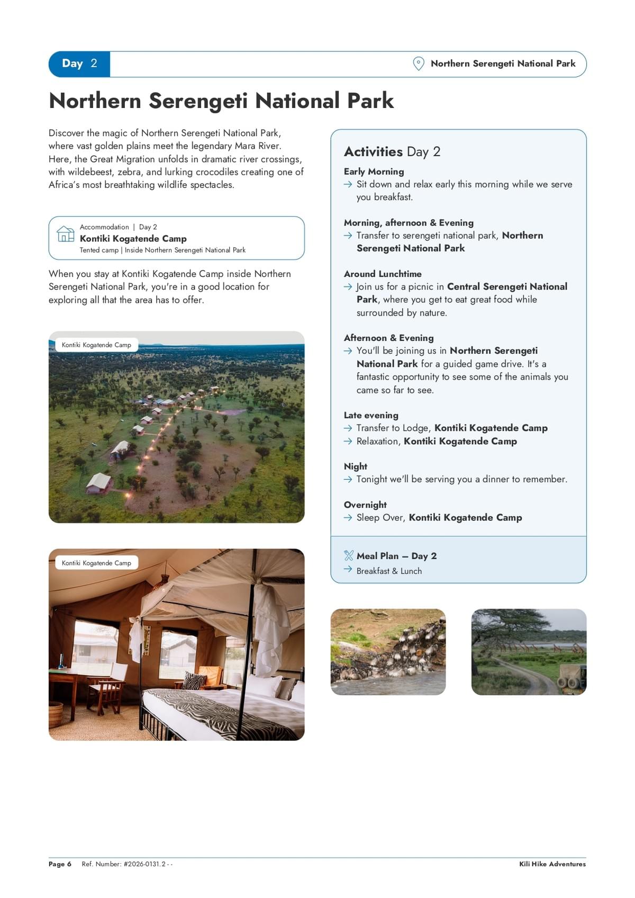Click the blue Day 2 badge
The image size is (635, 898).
(79, 64)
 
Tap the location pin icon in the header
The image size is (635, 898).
(419, 64)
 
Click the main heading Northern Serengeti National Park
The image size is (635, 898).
(221, 101)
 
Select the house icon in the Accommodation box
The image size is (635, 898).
(66, 234)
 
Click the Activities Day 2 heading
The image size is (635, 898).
(392, 152)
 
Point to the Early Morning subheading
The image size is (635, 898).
(374, 172)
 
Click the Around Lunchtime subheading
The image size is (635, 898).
(383, 274)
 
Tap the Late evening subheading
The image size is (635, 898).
(371, 415)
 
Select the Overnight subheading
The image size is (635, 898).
(365, 505)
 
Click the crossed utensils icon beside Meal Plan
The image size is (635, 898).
(348, 555)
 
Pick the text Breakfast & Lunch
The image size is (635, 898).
(389, 571)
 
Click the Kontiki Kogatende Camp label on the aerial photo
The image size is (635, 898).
(96, 345)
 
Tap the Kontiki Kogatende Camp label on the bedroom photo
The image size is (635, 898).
(96, 563)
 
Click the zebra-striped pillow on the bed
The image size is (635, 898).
(194, 680)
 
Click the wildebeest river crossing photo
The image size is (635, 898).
(388, 652)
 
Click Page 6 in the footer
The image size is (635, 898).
(60, 864)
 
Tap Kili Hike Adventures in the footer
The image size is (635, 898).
(552, 864)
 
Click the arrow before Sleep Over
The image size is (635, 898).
(348, 518)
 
